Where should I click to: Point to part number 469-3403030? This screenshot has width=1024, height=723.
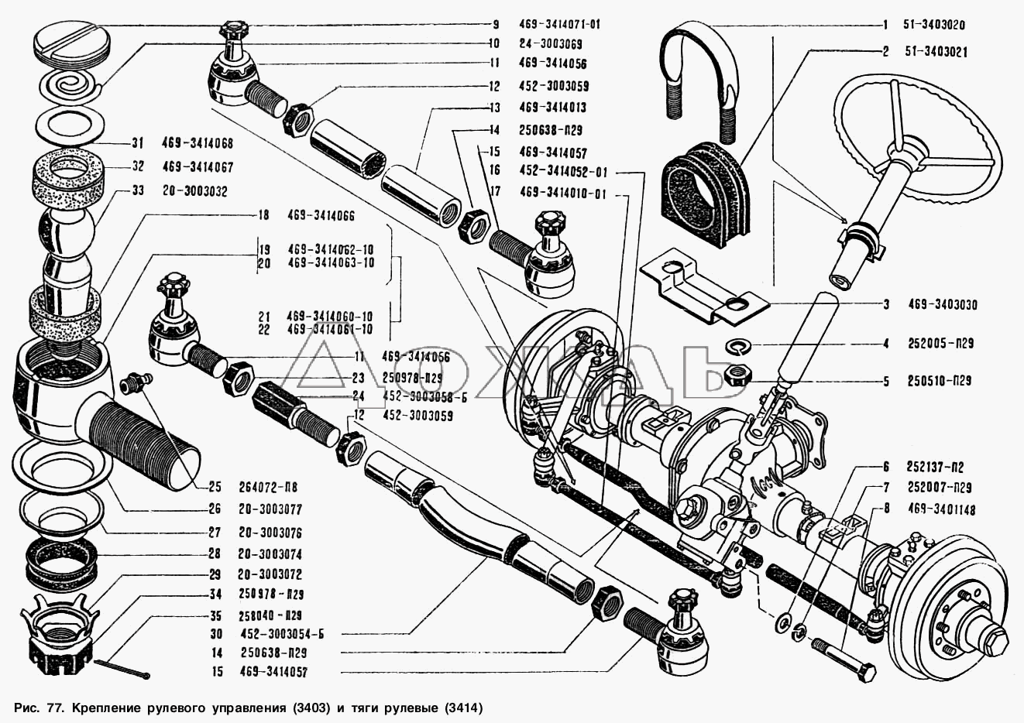click(x=941, y=305)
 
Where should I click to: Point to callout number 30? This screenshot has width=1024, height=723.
click(x=216, y=634)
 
